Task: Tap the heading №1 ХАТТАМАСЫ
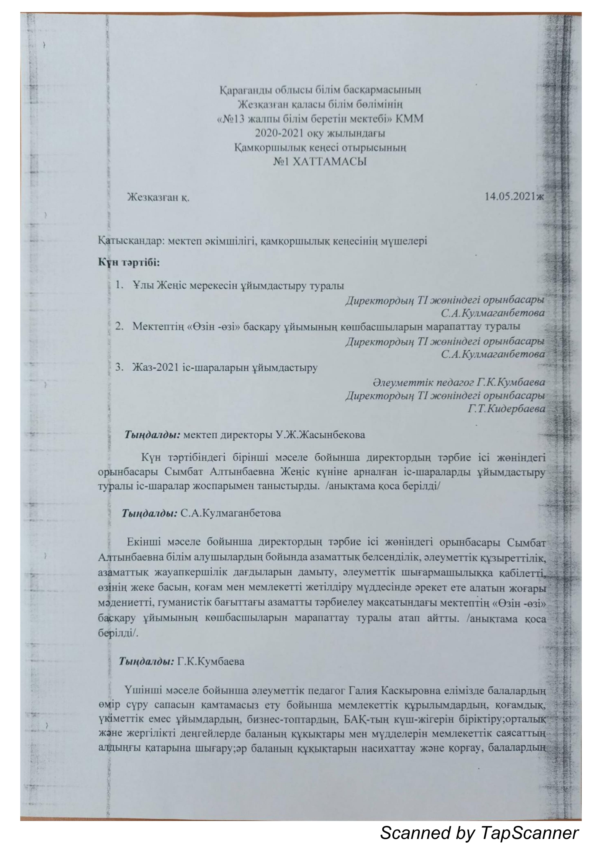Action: point(320,162)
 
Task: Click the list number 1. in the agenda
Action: point(119,285)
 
